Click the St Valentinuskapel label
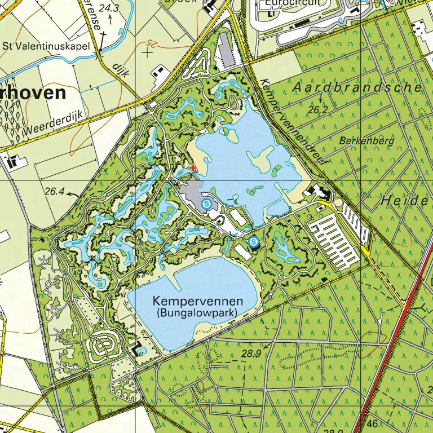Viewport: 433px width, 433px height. coord(46,46)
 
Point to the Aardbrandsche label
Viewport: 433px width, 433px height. coord(357,87)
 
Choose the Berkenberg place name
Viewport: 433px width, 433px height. coord(366,140)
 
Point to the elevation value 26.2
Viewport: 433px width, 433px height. coord(318,111)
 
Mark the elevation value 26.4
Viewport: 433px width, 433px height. coord(54,192)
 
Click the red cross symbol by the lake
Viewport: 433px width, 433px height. coord(193,167)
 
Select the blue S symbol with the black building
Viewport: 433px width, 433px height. coord(254,242)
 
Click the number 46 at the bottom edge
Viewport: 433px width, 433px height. coord(371,423)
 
